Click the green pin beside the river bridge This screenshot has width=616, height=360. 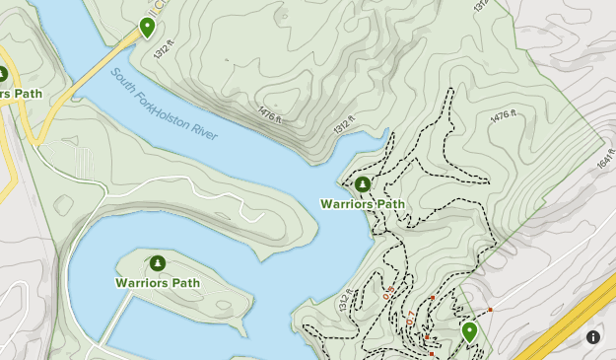147,27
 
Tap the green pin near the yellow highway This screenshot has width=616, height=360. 469,331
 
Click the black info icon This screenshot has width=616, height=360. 593,337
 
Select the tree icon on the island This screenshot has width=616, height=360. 157,262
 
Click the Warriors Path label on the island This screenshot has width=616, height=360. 157,282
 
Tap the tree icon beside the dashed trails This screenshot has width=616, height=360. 363,184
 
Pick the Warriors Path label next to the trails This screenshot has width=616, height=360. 362,204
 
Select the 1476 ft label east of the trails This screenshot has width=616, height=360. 503,116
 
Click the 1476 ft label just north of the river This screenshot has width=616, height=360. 270,115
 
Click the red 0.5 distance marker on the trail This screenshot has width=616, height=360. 388,292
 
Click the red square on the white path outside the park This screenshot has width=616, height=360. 490,310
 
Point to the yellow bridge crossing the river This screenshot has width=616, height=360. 94,69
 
